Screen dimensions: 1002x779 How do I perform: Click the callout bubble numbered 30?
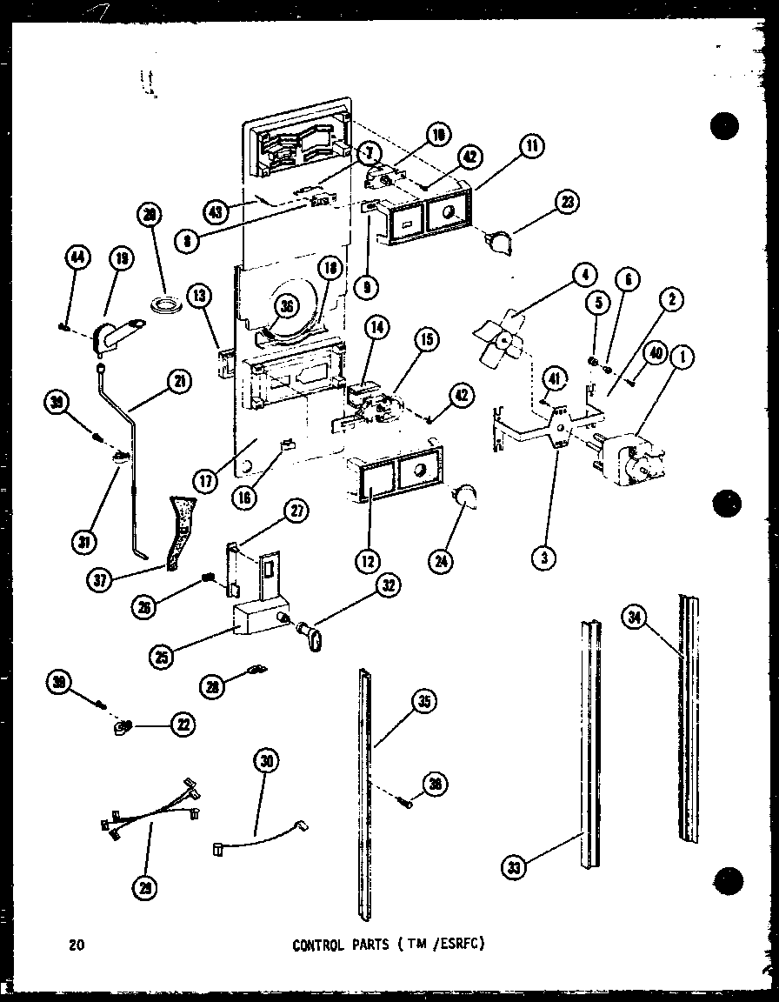tap(265, 760)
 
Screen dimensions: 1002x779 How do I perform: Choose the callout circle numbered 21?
tap(179, 381)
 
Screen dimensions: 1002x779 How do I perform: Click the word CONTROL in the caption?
tap(320, 945)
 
